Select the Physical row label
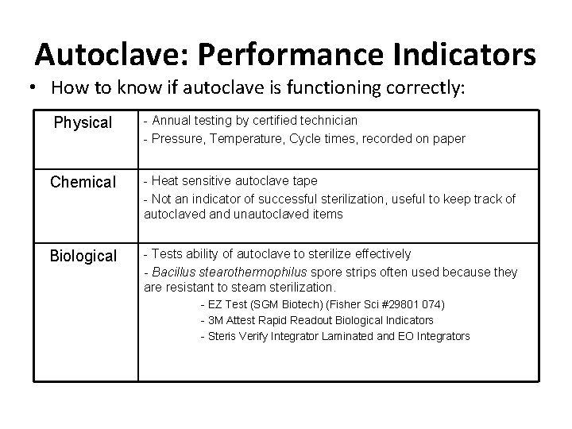tap(83, 122)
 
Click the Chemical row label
tap(83, 182)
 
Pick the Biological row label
tap(83, 256)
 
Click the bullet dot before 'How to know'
tap(27, 88)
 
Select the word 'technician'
tap(327, 120)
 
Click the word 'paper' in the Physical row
tap(449, 138)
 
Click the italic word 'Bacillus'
tap(170, 272)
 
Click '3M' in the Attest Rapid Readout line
tap(216, 320)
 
